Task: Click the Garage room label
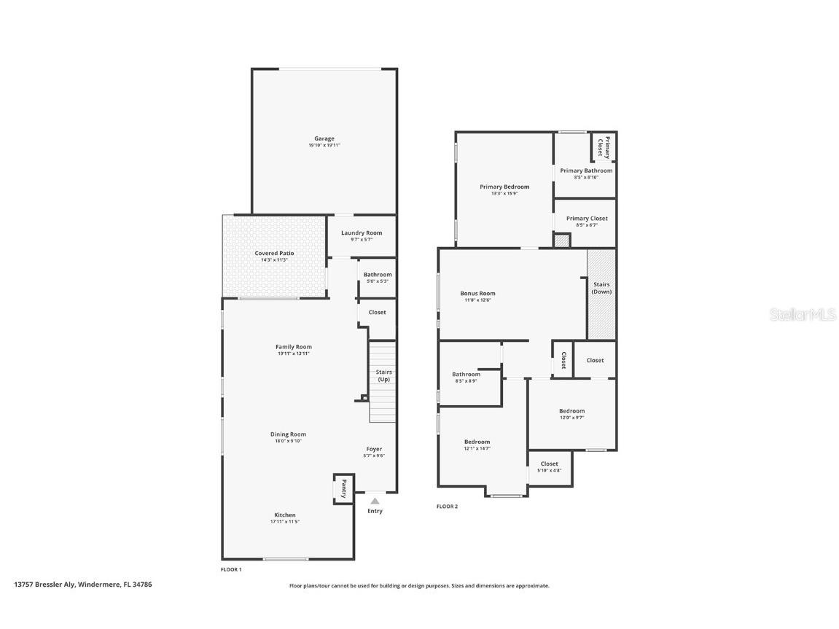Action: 324,138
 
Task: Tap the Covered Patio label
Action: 274,253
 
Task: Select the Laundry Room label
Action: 362,233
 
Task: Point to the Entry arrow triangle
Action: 375,501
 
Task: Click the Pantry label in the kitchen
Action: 343,488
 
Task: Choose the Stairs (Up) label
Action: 383,375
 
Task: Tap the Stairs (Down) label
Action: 601,288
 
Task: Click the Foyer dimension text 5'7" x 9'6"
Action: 374,456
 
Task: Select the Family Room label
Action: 294,347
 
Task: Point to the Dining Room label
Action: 289,434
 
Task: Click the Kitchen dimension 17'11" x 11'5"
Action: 285,522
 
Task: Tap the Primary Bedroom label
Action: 504,187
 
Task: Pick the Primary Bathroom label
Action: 586,171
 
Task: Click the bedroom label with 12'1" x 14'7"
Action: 477,442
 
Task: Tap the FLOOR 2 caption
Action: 447,507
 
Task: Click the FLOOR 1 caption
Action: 231,569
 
